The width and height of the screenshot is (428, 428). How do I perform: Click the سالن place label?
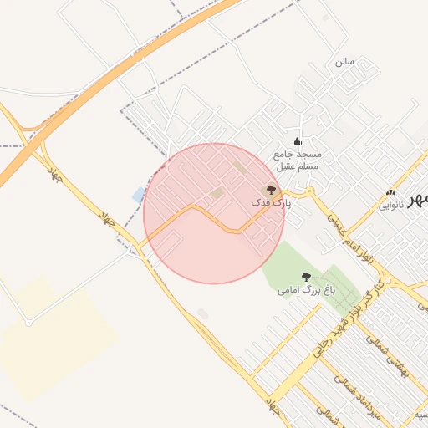344,62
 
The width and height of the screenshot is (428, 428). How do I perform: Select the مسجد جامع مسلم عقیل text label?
297,160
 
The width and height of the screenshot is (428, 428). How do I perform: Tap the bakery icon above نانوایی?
391,193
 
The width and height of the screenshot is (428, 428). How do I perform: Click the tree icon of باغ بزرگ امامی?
306,277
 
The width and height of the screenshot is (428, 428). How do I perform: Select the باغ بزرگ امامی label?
306,290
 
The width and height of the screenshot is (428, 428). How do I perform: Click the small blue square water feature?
138,196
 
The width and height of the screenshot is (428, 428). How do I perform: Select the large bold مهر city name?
417,201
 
